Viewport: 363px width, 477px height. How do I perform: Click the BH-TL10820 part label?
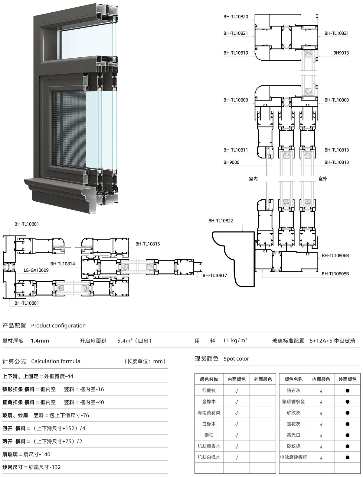coord(236,17)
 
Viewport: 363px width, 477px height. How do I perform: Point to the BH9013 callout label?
coord(341,53)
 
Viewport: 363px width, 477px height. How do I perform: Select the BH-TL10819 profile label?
coord(236,53)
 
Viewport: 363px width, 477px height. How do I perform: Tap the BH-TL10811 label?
coord(236,150)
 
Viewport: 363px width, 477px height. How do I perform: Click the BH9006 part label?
coord(231,162)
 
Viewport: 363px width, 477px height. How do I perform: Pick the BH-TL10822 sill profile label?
coord(221,221)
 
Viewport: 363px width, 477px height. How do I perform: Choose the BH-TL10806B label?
coord(335,256)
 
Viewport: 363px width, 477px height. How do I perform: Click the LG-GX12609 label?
coord(36,270)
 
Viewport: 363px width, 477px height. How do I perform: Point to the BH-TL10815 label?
coord(148,244)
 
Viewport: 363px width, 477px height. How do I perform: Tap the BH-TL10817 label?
coord(215,276)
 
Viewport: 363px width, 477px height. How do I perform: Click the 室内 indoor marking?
coord(253,179)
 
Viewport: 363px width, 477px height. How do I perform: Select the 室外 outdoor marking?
coord(323,179)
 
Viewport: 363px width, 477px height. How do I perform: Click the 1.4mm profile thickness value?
coord(40,341)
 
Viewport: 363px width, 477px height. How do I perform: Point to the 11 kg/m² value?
coord(235,340)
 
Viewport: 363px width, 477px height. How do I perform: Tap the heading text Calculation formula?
coord(56,361)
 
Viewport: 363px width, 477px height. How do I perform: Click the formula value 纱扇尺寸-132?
coord(45,467)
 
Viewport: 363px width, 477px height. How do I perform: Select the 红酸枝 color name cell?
coord(209,391)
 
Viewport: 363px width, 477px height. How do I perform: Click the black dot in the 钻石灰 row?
coord(347,391)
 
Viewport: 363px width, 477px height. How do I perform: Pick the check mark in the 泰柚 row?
coord(237,435)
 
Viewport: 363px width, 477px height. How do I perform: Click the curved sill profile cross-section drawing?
coord(234,259)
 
